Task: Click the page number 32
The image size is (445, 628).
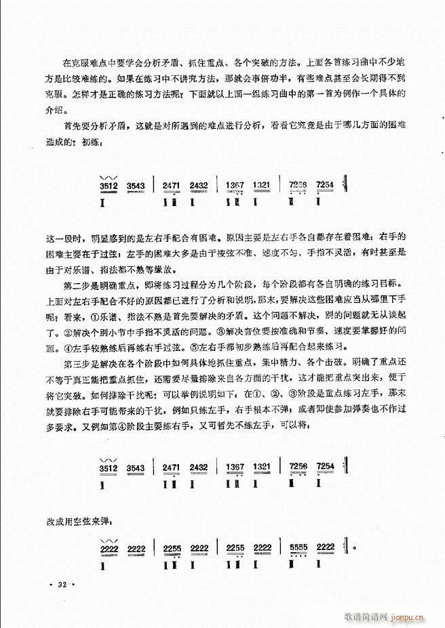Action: (65, 581)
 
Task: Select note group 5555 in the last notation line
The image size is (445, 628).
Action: (298, 547)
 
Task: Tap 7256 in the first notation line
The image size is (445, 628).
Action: (298, 185)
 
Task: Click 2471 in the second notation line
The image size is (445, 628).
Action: (171, 467)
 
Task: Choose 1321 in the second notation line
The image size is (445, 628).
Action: (264, 467)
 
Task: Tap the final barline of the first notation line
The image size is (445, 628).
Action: (347, 185)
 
